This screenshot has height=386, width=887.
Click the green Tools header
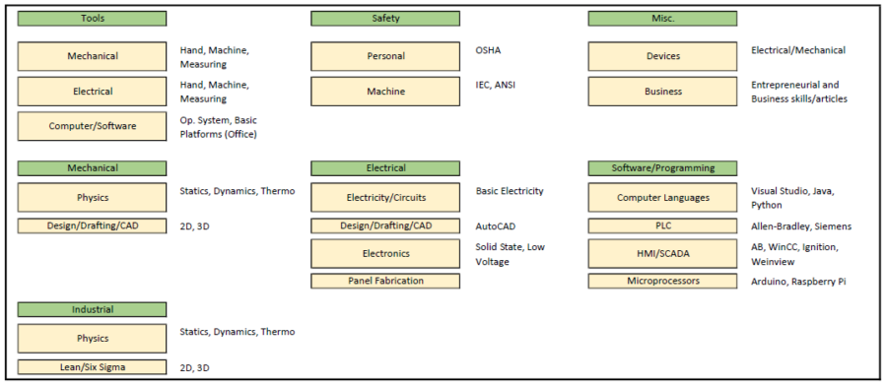tap(92, 18)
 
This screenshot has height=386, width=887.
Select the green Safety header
tap(385, 18)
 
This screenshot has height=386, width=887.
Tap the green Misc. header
tap(662, 18)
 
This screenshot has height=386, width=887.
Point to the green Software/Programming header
tap(662, 168)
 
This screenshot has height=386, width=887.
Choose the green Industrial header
tap(92, 309)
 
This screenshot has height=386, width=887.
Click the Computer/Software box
tap(92, 126)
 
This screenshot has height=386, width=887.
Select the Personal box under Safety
tap(385, 56)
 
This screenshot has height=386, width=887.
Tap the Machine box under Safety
tap(385, 92)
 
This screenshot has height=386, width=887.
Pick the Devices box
tap(662, 56)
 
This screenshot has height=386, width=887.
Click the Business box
tap(662, 92)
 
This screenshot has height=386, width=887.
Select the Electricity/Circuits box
tap(385, 198)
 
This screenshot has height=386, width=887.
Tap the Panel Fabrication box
tap(385, 282)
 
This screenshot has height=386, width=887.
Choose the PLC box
tap(662, 226)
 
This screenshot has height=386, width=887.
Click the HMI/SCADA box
tap(662, 254)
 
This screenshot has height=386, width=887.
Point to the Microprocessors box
tap(662, 282)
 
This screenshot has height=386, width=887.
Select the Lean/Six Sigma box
tap(92, 367)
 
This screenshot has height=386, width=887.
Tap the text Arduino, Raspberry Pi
tap(798, 282)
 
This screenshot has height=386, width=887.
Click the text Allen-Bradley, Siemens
tap(801, 226)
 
